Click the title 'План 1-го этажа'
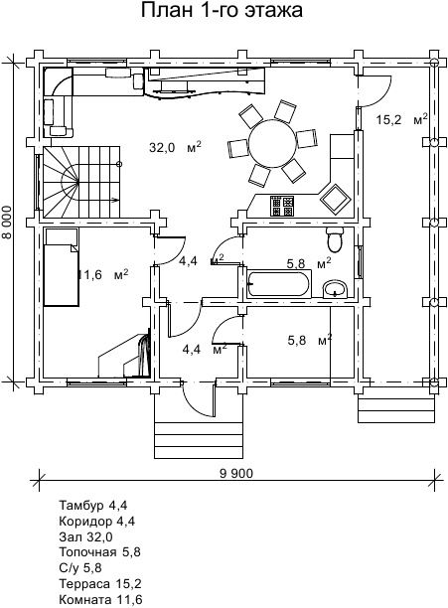222,11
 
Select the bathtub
279,284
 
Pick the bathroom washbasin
335,289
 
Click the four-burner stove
282,206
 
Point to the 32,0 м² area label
175,147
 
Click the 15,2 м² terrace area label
402,119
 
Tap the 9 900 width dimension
236,474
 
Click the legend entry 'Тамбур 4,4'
93,505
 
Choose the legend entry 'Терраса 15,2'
100,583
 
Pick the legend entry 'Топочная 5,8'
99,551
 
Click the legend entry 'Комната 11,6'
100,599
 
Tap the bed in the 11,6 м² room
62,267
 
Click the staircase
81,182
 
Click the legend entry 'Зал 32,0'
85,536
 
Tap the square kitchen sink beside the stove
335,199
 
